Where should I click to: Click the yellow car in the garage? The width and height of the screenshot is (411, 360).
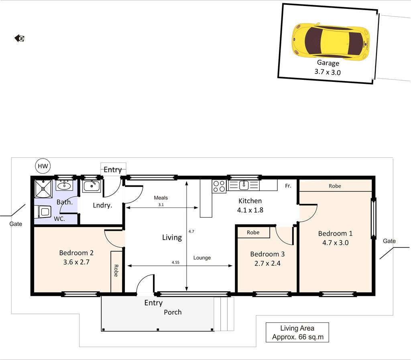click(331, 41)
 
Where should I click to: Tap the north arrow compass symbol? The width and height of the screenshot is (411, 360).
click(19, 38)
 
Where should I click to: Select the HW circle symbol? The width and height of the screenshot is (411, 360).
click(43, 166)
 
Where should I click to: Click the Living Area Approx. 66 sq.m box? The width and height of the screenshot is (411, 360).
click(297, 332)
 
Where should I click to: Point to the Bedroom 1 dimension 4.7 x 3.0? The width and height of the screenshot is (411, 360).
click(335, 243)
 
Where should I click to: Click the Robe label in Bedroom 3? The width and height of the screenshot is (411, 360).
click(253, 232)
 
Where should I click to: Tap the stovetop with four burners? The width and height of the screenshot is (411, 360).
click(219, 186)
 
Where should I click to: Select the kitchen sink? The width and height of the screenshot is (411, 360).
click(244, 185)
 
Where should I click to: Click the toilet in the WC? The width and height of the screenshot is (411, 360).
click(44, 212)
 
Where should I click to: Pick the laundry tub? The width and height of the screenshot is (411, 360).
click(91, 186)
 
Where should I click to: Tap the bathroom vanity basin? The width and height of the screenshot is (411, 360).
click(64, 186)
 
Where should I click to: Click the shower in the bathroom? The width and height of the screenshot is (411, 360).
click(43, 189)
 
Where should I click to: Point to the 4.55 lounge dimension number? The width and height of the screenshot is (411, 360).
click(176, 262)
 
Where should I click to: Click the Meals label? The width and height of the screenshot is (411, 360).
click(161, 198)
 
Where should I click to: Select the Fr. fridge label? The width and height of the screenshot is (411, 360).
click(288, 186)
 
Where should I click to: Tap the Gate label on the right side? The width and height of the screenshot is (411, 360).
click(389, 241)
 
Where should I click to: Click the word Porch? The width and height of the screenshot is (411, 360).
click(173, 312)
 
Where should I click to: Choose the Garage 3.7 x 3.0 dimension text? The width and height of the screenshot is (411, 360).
click(328, 72)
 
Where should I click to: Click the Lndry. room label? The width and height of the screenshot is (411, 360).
click(102, 205)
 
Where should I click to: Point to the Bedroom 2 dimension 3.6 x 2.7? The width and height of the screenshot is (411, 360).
click(76, 262)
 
